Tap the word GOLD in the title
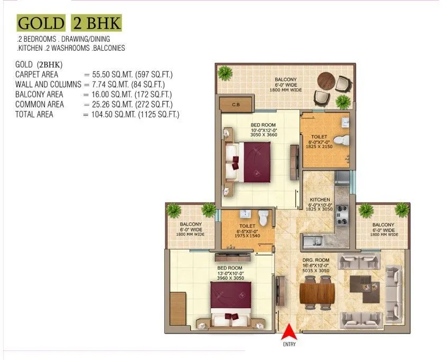click(x=40, y=24)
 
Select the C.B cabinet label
click(x=235, y=104)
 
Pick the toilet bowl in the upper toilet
click(x=344, y=140)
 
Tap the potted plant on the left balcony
click(x=174, y=210)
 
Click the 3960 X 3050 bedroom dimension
click(x=231, y=278)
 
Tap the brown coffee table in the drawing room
click(x=367, y=283)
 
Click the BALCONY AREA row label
click(x=40, y=94)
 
